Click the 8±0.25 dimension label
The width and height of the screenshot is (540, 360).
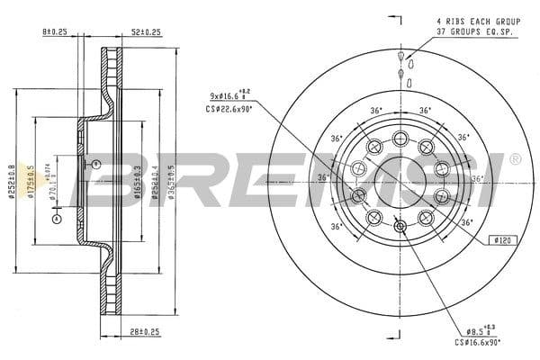pyautogui.click(x=55, y=32)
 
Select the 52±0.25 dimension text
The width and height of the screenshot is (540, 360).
pyautogui.click(x=145, y=32)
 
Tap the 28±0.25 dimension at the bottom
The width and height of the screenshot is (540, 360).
pyautogui.click(x=144, y=332)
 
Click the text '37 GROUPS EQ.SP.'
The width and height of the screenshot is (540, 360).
pyautogui.click(x=466, y=31)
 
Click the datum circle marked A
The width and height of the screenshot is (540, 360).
pyautogui.click(x=56, y=219)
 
